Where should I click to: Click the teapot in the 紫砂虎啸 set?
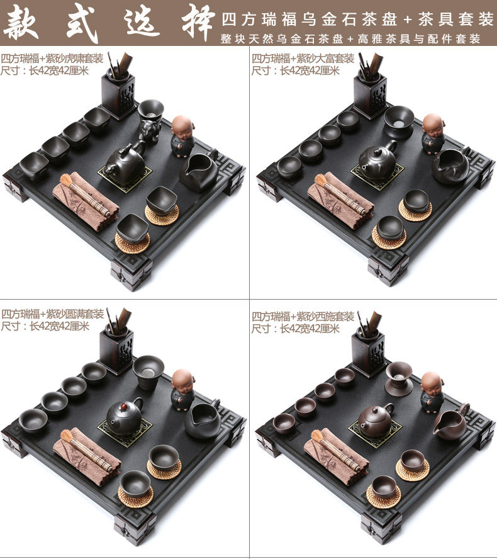(125, 163)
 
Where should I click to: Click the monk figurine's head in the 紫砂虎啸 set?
(182, 125)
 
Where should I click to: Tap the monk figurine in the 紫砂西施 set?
(432, 392)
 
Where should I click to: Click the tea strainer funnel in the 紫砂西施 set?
(399, 378)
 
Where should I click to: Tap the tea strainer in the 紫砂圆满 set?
(148, 371)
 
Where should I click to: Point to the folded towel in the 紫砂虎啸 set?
(86, 201)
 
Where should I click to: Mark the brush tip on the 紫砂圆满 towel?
(66, 436)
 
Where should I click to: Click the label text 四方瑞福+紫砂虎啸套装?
(52, 58)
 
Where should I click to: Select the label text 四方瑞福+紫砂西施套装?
(303, 316)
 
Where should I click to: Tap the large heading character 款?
(21, 23)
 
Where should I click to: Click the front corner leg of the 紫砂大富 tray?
(388, 269)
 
